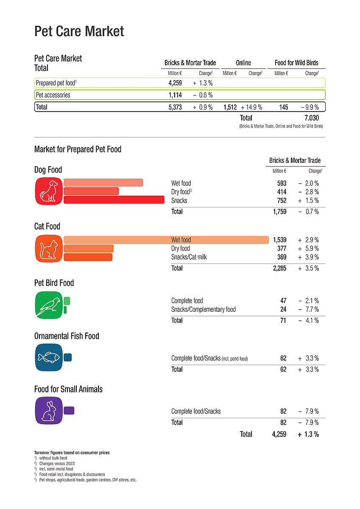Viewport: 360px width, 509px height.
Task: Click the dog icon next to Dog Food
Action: click(x=48, y=191)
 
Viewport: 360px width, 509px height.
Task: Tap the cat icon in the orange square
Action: click(x=48, y=248)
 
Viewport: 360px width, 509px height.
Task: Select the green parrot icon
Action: click(x=48, y=305)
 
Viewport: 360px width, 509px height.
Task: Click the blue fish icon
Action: click(x=48, y=358)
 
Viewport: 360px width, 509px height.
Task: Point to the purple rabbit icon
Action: click(x=48, y=411)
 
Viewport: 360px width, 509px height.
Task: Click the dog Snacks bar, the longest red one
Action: click(x=114, y=200)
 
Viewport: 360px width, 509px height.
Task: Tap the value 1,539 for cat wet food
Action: click(x=279, y=240)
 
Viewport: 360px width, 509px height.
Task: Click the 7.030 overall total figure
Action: click(x=311, y=118)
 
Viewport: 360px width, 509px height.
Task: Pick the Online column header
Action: click(x=243, y=63)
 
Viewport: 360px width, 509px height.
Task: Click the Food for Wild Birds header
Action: click(x=296, y=63)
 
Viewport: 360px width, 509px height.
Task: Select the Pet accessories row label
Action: click(x=53, y=95)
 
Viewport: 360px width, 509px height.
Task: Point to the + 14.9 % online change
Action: click(x=251, y=107)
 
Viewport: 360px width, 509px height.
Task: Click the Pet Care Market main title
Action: click(x=79, y=31)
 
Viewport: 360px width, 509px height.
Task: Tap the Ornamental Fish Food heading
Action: click(x=67, y=336)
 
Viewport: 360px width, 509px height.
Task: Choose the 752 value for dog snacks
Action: click(x=281, y=201)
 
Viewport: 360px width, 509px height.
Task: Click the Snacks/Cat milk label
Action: click(x=189, y=257)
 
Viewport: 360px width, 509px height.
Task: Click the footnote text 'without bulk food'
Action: click(x=53, y=458)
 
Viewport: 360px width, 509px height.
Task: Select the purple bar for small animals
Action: click(x=69, y=411)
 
